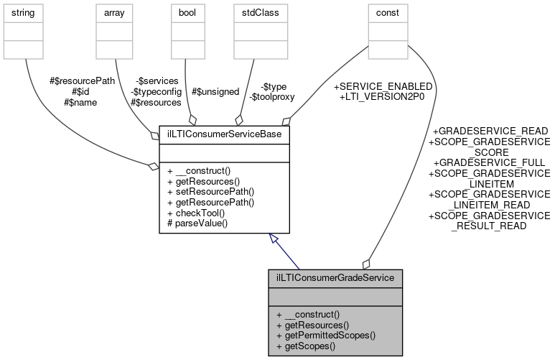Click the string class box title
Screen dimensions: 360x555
coord(26,12)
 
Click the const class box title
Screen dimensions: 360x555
coord(387,12)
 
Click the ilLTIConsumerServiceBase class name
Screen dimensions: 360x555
coord(224,134)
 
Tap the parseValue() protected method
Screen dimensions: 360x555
coord(197,223)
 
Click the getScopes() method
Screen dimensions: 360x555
coord(307,346)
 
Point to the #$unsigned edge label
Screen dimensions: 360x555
coord(215,91)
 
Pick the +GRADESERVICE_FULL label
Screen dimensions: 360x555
coord(490,163)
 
